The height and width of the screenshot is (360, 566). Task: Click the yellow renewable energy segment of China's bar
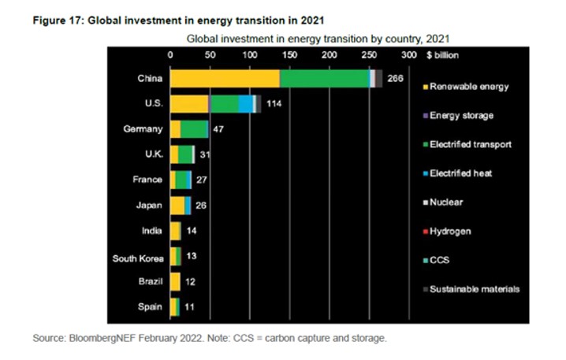pyautogui.click(x=225, y=78)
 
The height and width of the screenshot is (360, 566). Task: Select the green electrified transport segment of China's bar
pyautogui.click(x=324, y=78)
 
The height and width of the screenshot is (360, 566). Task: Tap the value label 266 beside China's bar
pyautogui.click(x=396, y=78)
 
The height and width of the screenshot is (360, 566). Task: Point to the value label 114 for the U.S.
pyautogui.click(x=274, y=104)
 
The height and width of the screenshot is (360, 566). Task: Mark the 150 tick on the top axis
pyautogui.click(x=289, y=55)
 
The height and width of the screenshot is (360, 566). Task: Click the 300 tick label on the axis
pyautogui.click(x=408, y=55)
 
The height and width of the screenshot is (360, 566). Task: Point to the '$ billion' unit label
pyautogui.click(x=441, y=55)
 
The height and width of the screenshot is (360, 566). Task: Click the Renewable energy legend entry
pyautogui.click(x=469, y=87)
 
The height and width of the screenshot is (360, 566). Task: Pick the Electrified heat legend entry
pyautogui.click(x=461, y=173)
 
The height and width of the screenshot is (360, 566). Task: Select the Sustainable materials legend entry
pyautogui.click(x=474, y=289)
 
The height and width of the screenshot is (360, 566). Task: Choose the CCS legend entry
pyautogui.click(x=442, y=260)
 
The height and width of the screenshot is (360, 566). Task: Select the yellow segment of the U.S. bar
pyautogui.click(x=189, y=104)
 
